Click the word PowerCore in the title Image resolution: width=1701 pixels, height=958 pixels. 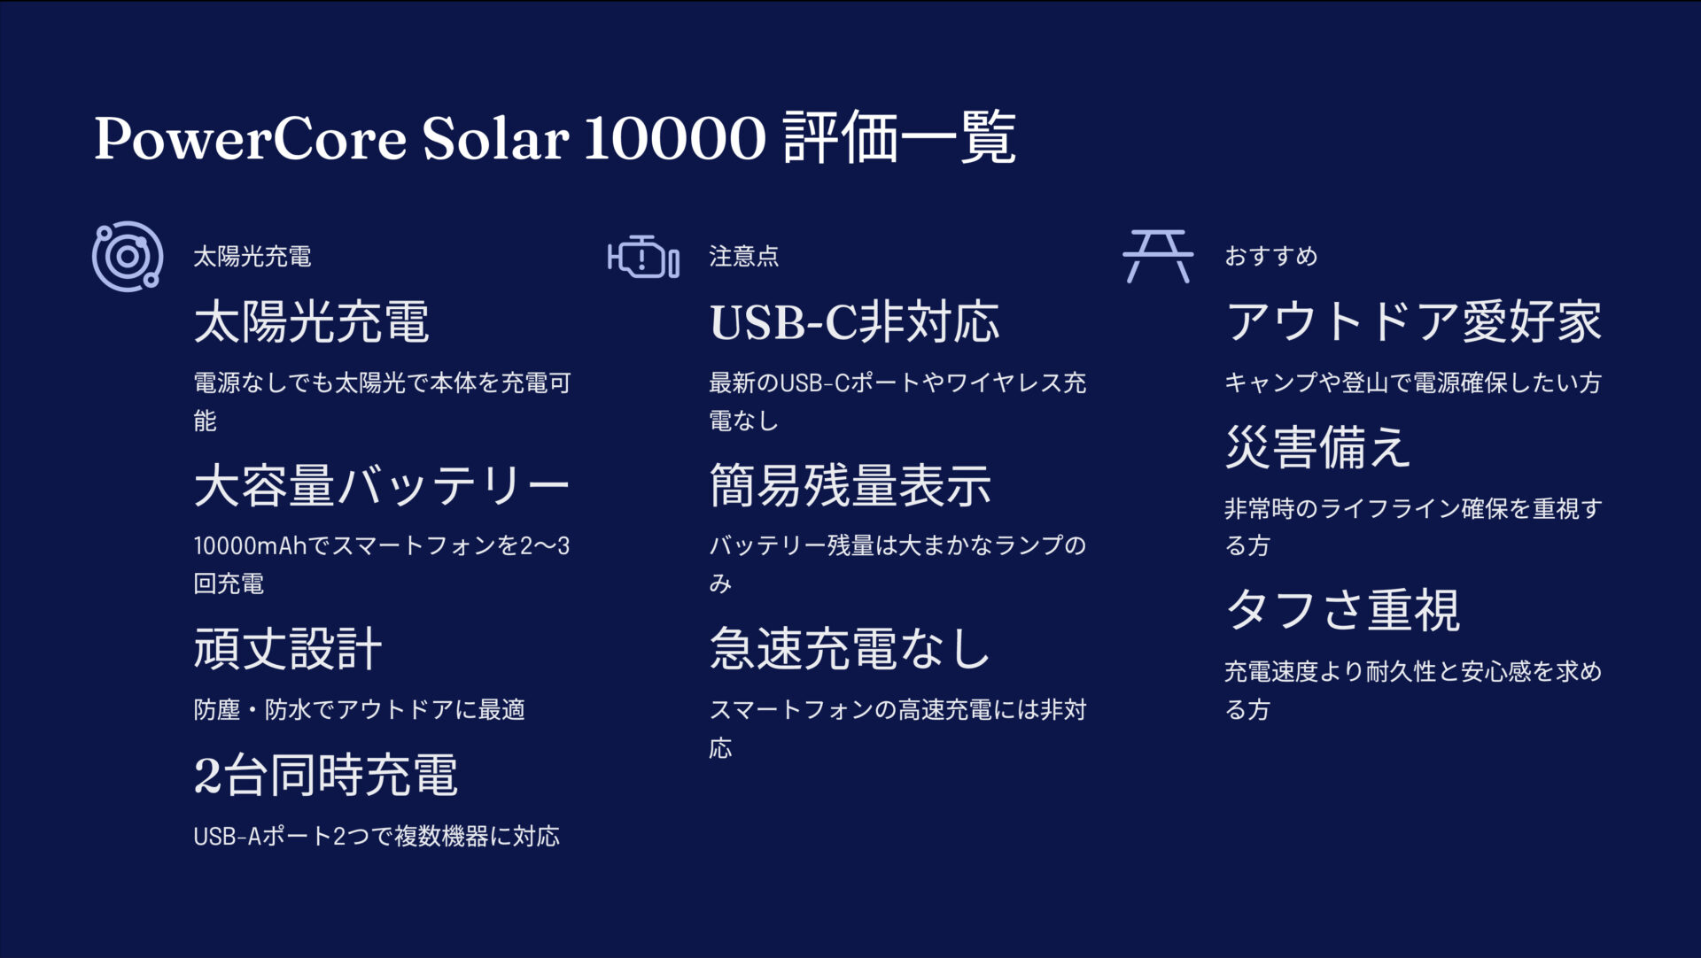coord(250,139)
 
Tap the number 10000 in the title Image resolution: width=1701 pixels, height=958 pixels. coord(674,139)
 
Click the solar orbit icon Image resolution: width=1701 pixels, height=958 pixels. coord(128,256)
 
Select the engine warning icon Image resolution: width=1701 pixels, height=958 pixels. coord(643,257)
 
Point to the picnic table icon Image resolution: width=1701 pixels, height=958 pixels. coord(1158,256)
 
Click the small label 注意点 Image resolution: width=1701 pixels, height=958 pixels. coord(743,257)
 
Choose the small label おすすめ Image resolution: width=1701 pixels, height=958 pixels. coord(1270,257)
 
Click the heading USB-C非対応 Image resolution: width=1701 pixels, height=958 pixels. coord(854,321)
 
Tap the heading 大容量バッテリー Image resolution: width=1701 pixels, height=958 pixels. coord(381,485)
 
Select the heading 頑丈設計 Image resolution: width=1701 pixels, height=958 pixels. coord(288,649)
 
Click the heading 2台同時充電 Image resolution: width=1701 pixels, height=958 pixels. coord(325,776)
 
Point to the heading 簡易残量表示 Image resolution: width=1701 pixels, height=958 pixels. coord(850,485)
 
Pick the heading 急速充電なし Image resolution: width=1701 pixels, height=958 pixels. coord(850,649)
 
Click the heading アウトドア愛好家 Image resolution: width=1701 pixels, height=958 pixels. coord(1414,321)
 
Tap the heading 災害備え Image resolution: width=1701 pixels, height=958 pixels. coord(1317,447)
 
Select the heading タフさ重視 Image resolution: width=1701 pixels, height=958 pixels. coord(1342,611)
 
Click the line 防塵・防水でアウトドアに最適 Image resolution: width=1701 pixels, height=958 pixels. coord(359,710)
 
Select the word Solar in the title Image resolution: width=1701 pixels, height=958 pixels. coord(495,139)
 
